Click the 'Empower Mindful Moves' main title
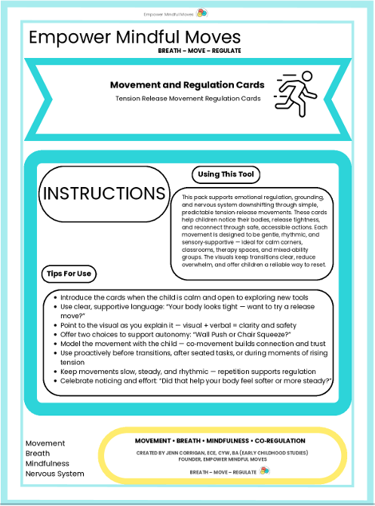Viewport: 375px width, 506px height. click(x=134, y=37)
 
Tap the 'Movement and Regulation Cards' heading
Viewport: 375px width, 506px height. click(x=187, y=84)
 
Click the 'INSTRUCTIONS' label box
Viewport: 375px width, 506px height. click(x=104, y=193)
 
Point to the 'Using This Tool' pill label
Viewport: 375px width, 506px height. click(x=226, y=175)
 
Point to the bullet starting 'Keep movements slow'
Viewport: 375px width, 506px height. click(x=186, y=371)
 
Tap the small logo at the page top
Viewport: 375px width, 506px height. click(x=201, y=13)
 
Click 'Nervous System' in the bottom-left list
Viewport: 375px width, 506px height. click(x=54, y=474)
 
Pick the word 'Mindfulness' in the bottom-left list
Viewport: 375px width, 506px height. click(x=48, y=464)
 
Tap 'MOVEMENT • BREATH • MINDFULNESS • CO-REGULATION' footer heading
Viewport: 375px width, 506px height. click(x=220, y=440)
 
